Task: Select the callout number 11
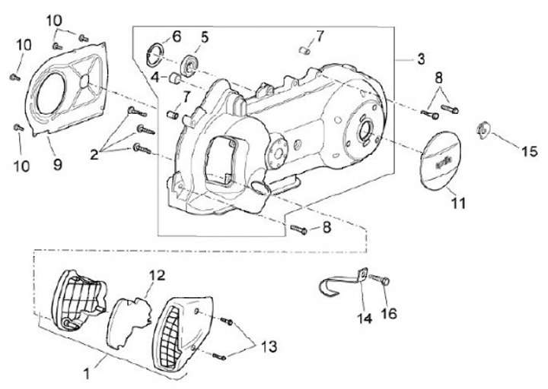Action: click(457, 203)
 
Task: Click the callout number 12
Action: click(156, 275)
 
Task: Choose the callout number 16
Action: click(389, 312)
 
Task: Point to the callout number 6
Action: click(176, 36)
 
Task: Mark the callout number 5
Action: click(205, 36)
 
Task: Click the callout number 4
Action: click(155, 77)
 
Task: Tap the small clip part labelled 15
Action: click(482, 128)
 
